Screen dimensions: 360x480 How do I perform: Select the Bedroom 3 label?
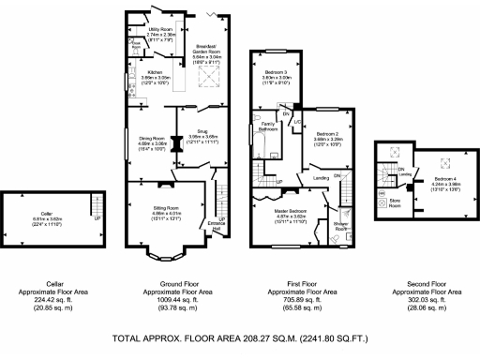pyautogui.click(x=276, y=72)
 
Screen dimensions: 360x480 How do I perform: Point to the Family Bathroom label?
pyautogui.click(x=269, y=126)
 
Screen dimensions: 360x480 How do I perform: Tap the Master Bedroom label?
pyautogui.click(x=281, y=211)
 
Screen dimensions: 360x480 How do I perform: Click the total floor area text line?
pyautogui.click(x=239, y=337)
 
